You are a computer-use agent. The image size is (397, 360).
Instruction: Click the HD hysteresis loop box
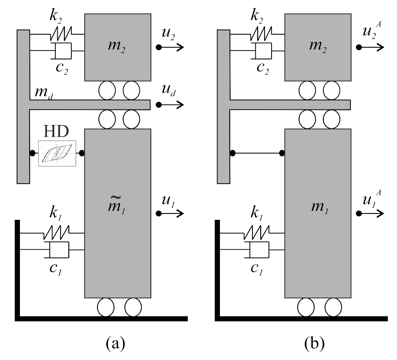(x=57, y=153)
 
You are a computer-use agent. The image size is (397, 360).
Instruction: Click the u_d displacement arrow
(x=170, y=105)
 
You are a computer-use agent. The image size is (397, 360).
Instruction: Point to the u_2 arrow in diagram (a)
(x=170, y=47)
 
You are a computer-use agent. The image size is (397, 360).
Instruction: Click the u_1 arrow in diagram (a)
(x=170, y=213)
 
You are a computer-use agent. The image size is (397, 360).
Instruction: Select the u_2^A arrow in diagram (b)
(x=370, y=47)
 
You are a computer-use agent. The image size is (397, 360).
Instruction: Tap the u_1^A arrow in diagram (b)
(x=370, y=213)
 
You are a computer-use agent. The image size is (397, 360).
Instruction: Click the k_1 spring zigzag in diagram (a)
(x=56, y=233)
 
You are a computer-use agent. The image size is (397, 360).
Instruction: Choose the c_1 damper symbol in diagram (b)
(x=259, y=250)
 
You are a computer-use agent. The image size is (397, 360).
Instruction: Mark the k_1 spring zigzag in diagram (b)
(x=257, y=233)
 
